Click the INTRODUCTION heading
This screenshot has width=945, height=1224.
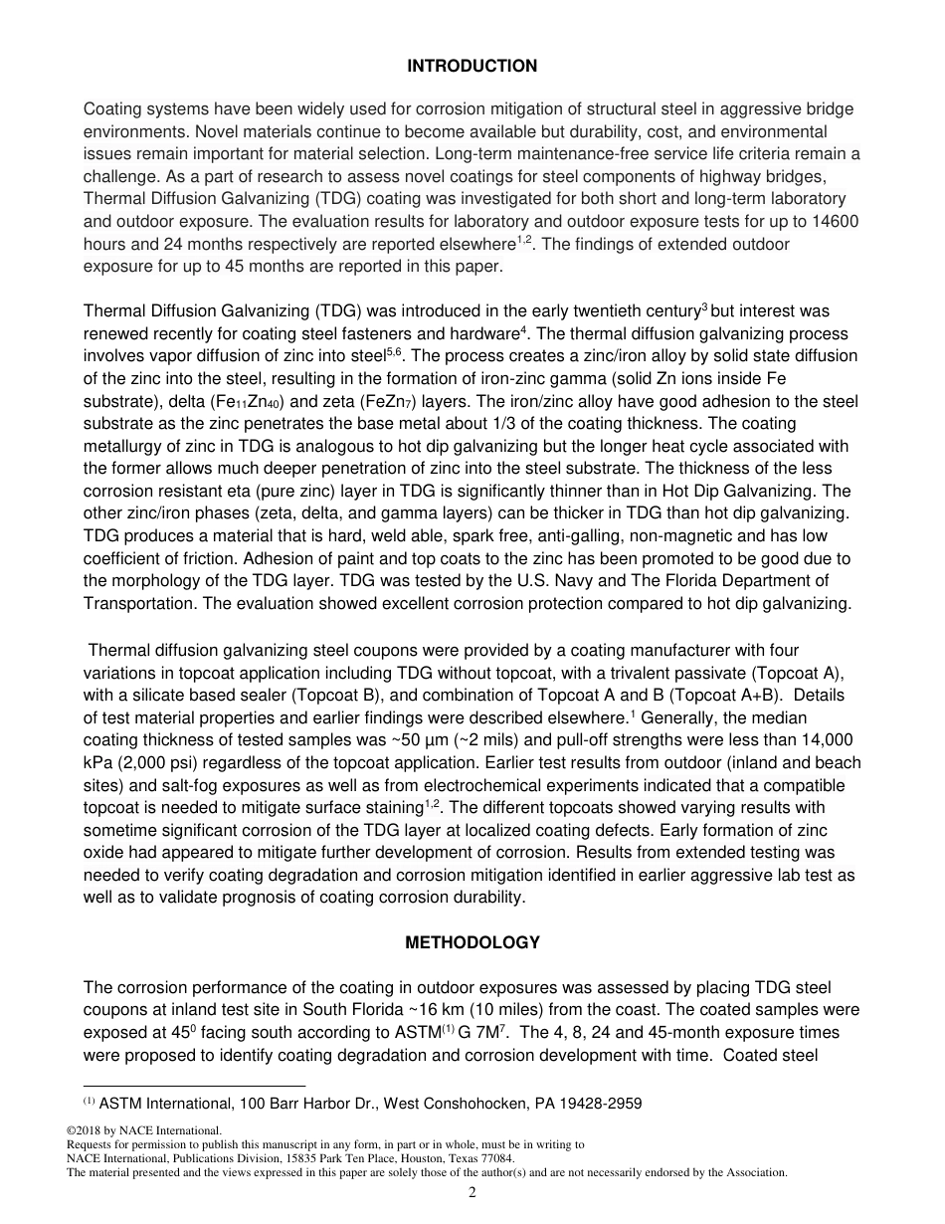472,67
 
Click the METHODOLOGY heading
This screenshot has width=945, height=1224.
472,943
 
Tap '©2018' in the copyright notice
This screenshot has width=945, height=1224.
84,1130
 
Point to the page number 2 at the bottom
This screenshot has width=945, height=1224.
472,1194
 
